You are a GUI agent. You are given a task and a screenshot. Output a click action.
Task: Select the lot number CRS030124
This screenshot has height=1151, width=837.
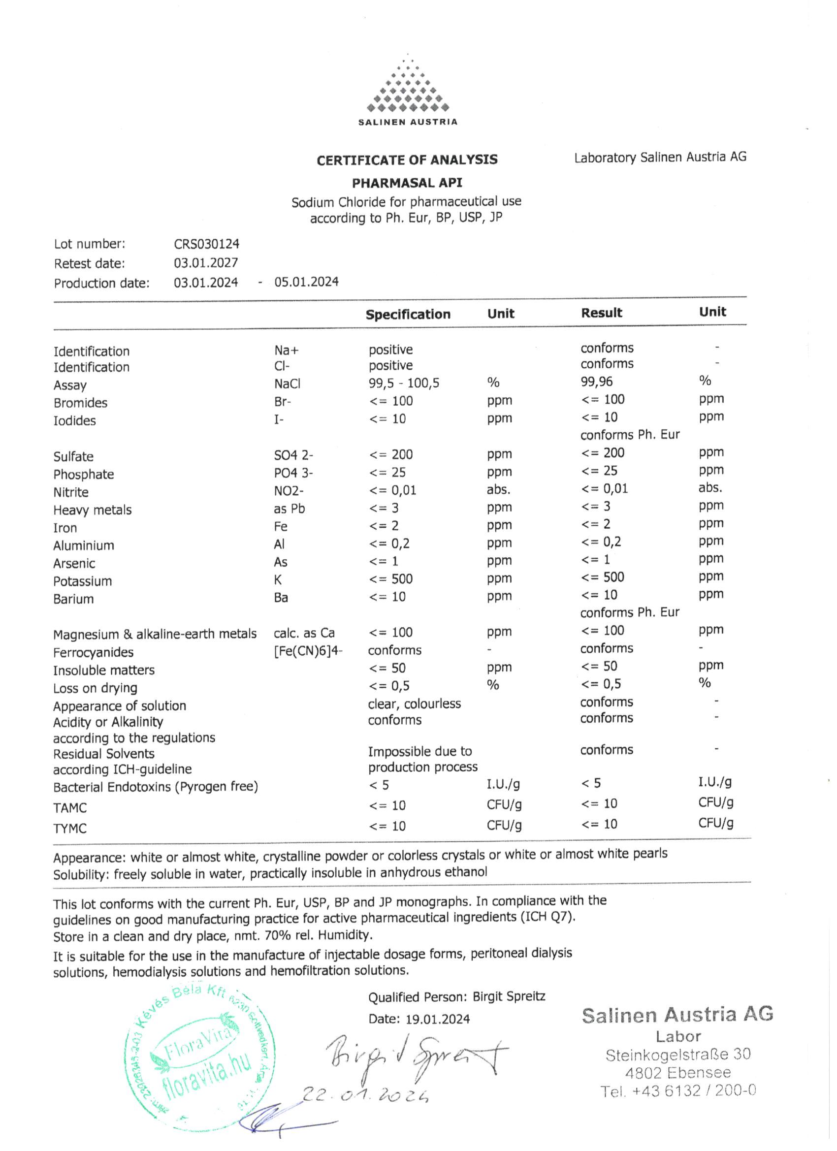[207, 244]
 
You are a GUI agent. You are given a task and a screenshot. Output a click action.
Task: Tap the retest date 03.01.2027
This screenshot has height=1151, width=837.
[206, 263]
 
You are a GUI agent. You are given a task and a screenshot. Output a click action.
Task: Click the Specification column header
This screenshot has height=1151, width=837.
[408, 315]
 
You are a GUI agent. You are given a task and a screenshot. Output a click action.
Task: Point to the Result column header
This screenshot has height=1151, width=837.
[602, 313]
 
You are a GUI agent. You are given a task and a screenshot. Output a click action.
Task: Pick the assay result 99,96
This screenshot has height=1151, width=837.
[597, 382]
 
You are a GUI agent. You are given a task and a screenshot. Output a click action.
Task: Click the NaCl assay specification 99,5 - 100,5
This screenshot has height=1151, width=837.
[404, 383]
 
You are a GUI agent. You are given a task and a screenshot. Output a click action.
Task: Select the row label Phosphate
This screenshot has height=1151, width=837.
[84, 475]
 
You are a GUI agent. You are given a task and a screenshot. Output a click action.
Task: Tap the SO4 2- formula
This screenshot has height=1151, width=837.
[294, 455]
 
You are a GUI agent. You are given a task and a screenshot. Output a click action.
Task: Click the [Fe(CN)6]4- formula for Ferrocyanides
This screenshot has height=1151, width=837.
[308, 651]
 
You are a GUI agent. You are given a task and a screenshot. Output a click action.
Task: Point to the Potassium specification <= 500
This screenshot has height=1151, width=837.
[391, 579]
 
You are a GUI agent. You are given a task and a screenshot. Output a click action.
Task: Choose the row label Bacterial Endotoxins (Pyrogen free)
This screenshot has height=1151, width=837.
[156, 787]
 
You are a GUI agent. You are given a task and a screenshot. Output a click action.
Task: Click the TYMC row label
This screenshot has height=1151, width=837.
[70, 829]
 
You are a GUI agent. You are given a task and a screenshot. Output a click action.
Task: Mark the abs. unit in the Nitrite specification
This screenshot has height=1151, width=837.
[498, 490]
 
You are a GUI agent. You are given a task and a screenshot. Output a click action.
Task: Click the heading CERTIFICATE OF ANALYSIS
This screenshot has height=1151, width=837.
[407, 160]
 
